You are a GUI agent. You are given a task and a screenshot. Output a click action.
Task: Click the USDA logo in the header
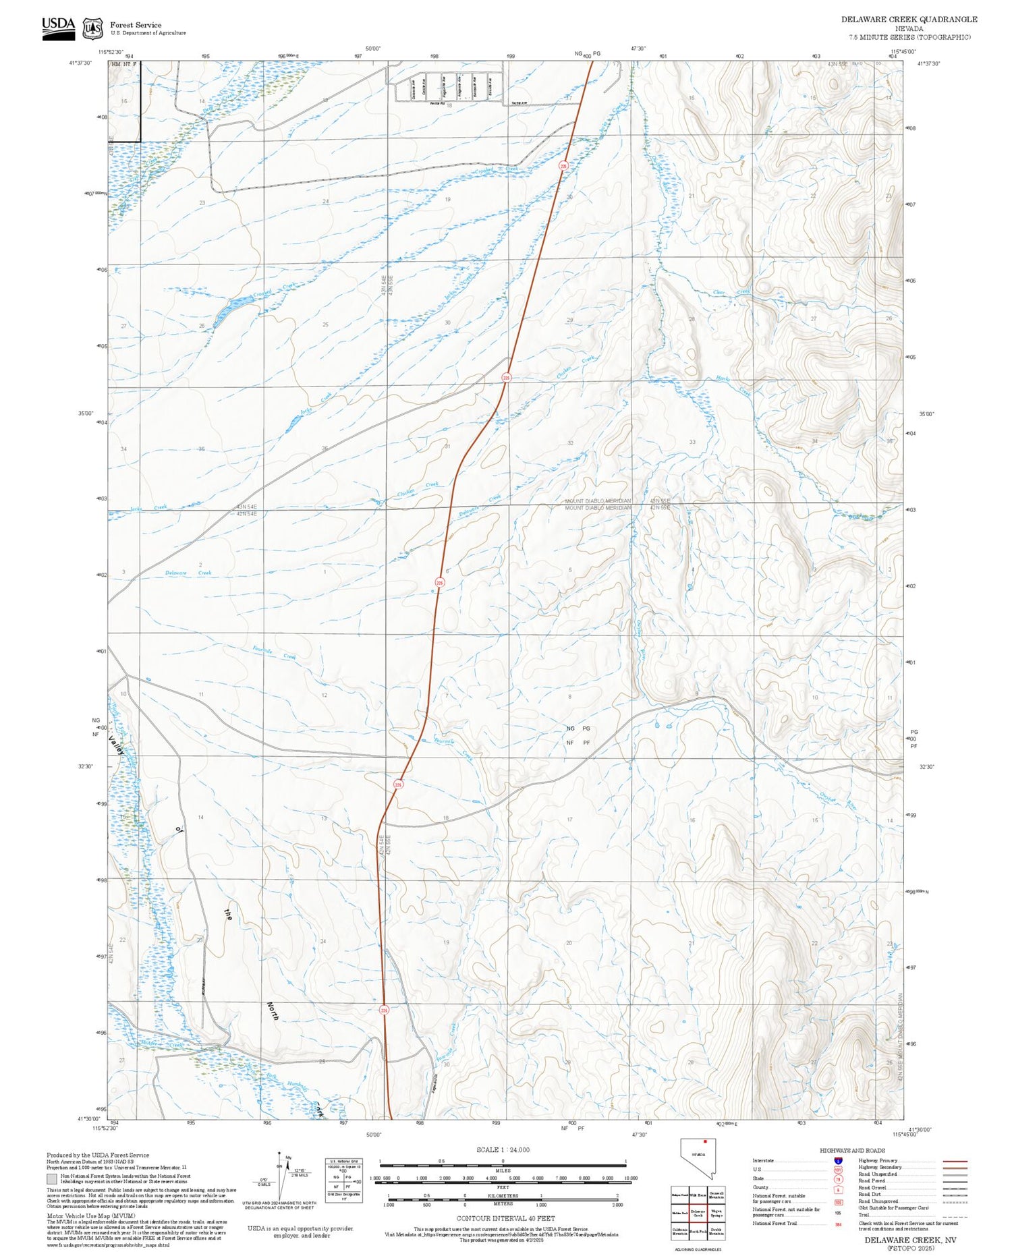tap(58, 28)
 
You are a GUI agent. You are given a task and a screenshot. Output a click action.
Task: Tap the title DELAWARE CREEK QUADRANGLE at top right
tap(909, 20)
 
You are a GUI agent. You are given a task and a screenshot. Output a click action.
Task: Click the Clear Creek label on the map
tap(732, 292)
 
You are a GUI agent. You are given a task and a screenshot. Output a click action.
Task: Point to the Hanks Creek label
tap(733, 385)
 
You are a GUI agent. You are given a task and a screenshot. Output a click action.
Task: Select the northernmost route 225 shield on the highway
tap(563, 165)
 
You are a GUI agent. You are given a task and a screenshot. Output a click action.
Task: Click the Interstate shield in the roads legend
tap(838, 1160)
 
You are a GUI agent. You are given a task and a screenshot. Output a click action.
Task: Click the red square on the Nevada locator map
tap(705, 1142)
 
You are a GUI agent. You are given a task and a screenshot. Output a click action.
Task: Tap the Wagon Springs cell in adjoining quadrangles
tap(716, 1212)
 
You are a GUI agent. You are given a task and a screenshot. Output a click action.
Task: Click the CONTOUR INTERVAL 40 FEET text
tap(505, 1218)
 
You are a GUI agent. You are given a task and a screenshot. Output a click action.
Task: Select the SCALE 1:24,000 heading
tap(503, 1149)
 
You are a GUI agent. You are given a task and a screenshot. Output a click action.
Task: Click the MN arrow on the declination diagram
tap(288, 1158)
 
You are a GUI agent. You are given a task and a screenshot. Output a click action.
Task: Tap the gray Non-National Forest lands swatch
tap(52, 1178)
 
